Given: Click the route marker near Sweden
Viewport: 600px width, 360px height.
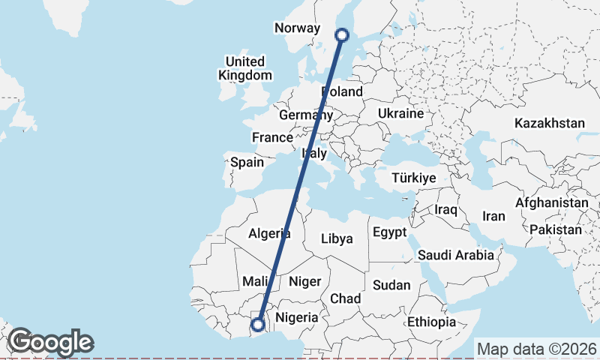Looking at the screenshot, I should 342,34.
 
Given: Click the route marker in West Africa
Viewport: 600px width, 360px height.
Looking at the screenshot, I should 257,325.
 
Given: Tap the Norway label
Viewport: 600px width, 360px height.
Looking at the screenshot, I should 298,28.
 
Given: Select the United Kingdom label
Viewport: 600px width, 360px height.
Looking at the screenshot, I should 245,68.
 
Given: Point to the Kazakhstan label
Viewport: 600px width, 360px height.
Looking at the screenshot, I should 549,123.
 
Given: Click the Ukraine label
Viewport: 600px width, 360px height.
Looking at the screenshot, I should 401,113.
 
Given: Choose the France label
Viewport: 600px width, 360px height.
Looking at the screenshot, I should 272,138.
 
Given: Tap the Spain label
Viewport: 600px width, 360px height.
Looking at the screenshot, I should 247,162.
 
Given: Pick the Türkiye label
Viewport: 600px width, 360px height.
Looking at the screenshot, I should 413,178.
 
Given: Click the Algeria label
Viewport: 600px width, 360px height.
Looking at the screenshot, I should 269,232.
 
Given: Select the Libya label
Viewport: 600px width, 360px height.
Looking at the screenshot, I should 336,240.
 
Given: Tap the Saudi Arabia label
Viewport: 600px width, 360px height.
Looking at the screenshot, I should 456,255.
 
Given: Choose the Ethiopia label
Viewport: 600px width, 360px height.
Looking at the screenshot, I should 431,322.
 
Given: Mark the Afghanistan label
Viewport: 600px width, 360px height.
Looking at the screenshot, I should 552,203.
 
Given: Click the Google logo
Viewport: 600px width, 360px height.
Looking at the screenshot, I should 50,342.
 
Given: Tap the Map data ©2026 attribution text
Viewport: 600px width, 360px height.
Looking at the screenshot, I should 536,349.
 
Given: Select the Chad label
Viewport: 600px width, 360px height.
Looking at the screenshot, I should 346,298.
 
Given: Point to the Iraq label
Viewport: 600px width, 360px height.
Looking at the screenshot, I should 445,210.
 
